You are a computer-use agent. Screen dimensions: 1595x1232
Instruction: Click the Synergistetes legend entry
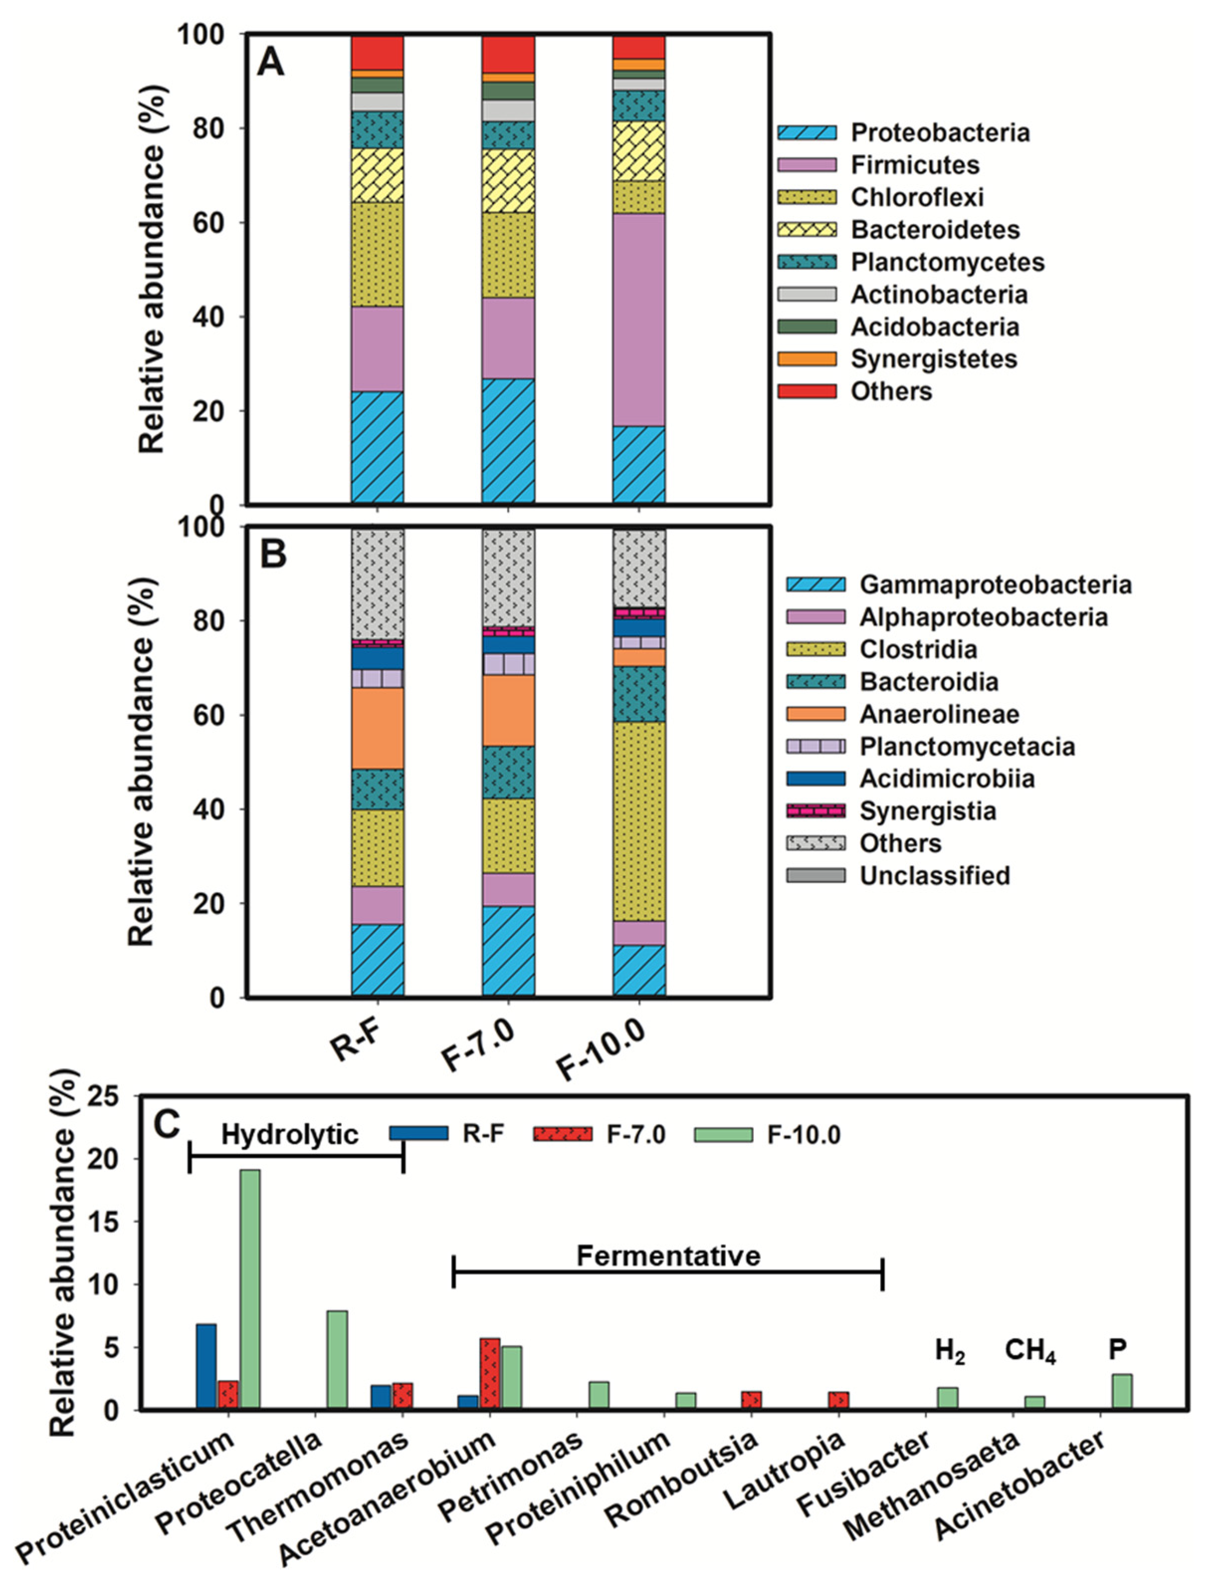point(933,359)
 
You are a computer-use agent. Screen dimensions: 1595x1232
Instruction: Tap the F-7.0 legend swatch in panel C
point(562,1134)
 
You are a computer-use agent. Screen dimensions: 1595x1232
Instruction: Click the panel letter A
point(270,64)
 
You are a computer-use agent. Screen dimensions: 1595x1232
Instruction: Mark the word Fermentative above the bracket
point(668,1255)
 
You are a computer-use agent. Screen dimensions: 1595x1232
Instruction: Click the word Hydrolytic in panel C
point(290,1134)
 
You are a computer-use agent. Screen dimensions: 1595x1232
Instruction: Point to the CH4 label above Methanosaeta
point(1029,1350)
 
